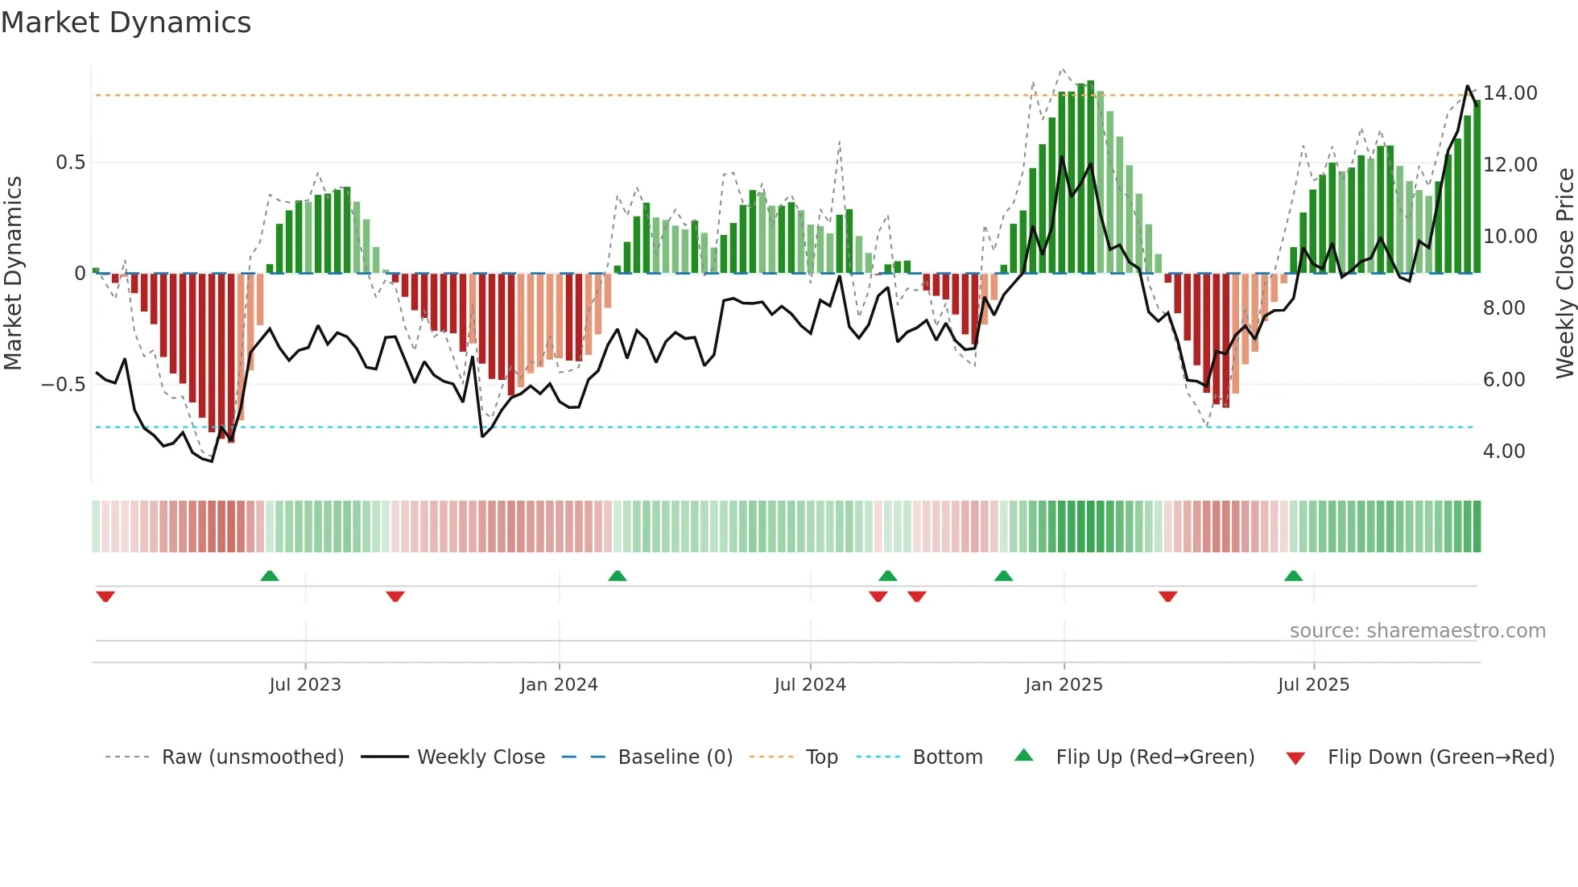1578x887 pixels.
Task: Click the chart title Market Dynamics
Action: (126, 23)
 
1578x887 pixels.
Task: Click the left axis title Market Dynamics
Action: (13, 273)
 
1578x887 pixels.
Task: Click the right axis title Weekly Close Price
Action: (1564, 273)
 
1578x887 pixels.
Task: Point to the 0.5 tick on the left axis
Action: (70, 163)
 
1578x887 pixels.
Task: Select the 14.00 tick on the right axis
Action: (1510, 93)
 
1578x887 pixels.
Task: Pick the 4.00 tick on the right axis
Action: (1503, 452)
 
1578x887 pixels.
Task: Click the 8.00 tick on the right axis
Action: (1503, 308)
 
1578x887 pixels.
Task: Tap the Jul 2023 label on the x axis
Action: (305, 685)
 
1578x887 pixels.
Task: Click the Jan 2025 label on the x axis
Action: (1064, 685)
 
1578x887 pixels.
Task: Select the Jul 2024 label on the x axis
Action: (810, 685)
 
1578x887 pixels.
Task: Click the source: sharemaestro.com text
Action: (1417, 631)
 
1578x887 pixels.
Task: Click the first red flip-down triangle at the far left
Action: (105, 596)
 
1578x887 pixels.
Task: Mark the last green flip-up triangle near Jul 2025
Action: (1293, 576)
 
